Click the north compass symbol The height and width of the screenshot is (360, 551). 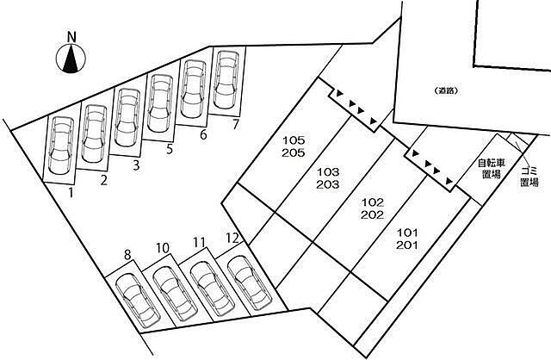click(x=71, y=59)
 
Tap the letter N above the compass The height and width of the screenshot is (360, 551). click(x=71, y=37)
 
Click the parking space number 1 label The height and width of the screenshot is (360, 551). click(x=71, y=193)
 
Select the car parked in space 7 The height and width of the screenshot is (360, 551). click(x=226, y=79)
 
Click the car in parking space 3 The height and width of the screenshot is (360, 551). click(x=127, y=117)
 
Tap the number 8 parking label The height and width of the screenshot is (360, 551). click(x=127, y=254)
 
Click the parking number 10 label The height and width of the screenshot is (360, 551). click(x=163, y=248)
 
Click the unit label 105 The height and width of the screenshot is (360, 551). click(x=294, y=140)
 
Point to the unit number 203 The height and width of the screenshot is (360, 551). click(x=328, y=184)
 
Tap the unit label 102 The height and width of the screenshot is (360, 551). click(x=373, y=202)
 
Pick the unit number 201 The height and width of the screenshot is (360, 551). click(x=407, y=245)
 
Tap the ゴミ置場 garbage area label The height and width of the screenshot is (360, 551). click(x=529, y=177)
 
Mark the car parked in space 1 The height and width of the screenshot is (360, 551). click(x=61, y=146)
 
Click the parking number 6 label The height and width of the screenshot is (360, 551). click(x=203, y=134)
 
